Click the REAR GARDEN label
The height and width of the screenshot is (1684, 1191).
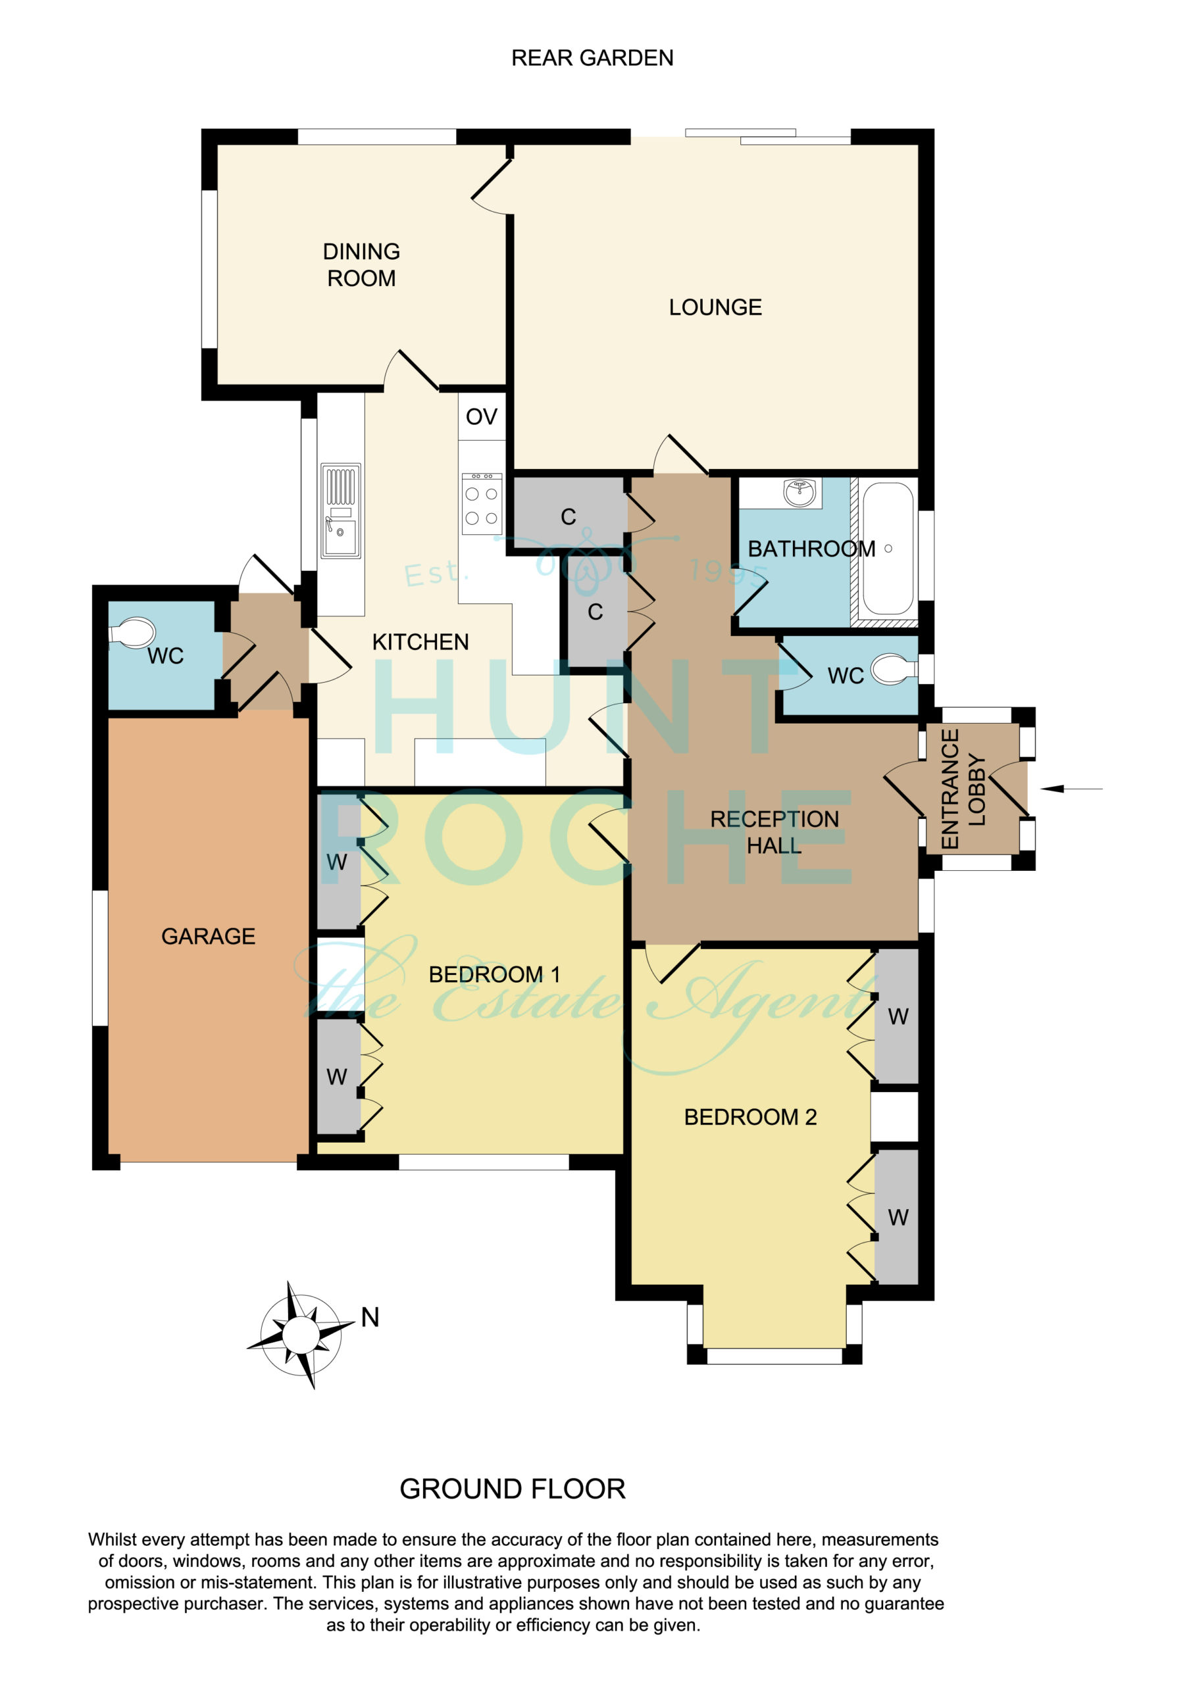[592, 58]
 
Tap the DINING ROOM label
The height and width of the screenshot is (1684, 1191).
[361, 265]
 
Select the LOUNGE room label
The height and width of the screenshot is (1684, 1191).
[715, 307]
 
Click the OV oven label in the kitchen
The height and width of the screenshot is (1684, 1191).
[482, 416]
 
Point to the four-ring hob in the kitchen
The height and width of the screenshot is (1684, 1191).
[482, 504]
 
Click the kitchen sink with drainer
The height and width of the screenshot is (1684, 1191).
[340, 510]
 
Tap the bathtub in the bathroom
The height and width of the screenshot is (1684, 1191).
[888, 548]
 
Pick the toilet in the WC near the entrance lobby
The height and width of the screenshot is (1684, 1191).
[894, 669]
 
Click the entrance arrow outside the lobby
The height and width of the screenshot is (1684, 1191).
[1071, 789]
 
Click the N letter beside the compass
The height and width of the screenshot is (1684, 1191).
[370, 1318]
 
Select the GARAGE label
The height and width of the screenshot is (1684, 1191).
[209, 937]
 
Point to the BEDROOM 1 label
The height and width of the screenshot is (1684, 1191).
[495, 975]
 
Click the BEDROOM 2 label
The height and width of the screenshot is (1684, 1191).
[750, 1117]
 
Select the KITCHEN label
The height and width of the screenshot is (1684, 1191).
[420, 643]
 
